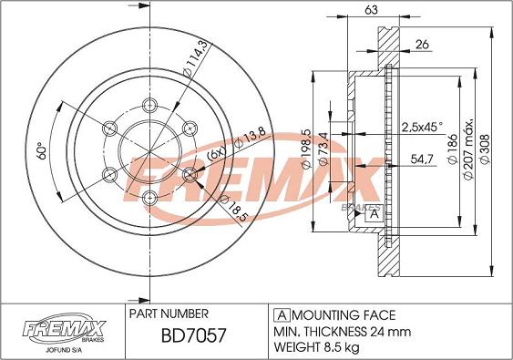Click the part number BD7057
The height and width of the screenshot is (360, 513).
click(x=193, y=335)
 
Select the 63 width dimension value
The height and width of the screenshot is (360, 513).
click(x=371, y=10)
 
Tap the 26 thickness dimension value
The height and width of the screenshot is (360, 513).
click(x=422, y=44)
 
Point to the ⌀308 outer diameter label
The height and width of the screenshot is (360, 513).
click(x=485, y=149)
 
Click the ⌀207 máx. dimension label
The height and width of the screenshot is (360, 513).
click(x=467, y=148)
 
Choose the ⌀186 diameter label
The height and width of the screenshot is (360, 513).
click(x=452, y=149)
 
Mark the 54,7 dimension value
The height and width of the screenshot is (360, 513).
click(x=422, y=159)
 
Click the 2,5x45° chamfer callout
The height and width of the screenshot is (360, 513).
click(x=422, y=127)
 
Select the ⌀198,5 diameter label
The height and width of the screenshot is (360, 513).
click(x=306, y=149)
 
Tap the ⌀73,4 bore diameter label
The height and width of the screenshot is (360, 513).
click(x=323, y=149)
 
